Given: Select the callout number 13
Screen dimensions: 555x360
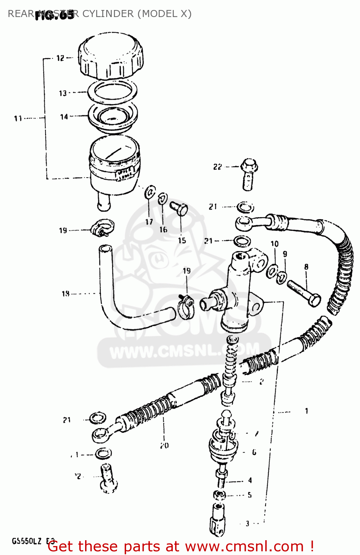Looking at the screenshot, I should (x=63, y=93).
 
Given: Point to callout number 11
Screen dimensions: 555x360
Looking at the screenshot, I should (x=18, y=118).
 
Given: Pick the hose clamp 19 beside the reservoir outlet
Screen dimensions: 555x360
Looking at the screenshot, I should (x=102, y=228).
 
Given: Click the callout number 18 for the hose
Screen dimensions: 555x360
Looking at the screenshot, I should (x=65, y=294).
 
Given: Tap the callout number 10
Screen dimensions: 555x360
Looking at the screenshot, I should (x=274, y=244).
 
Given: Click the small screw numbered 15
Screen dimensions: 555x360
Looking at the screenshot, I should (x=179, y=209).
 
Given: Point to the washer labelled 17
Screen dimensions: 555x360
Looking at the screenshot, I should (x=150, y=192).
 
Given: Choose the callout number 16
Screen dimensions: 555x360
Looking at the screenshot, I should (x=163, y=230).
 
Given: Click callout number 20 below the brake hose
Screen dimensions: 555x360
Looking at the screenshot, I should (x=164, y=445).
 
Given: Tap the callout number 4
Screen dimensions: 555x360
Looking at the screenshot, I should (x=250, y=480).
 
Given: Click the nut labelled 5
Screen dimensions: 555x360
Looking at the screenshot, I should (x=219, y=495).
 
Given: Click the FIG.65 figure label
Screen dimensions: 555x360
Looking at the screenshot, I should (x=54, y=16).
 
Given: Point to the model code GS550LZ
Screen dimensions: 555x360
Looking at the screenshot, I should (x=27, y=541).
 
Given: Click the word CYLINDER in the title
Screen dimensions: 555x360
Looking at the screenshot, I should (x=108, y=14).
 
